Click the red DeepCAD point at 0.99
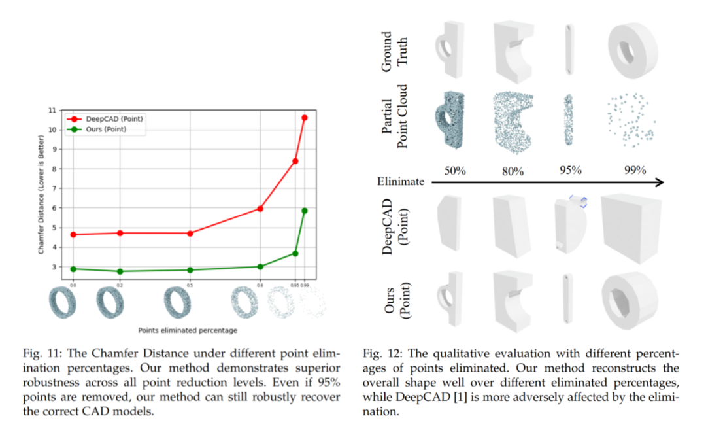tap(304, 118)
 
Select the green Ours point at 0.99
tap(304, 211)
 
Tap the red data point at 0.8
tap(260, 209)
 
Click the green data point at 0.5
tap(190, 269)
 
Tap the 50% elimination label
tap(454, 171)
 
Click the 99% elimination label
tap(634, 171)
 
